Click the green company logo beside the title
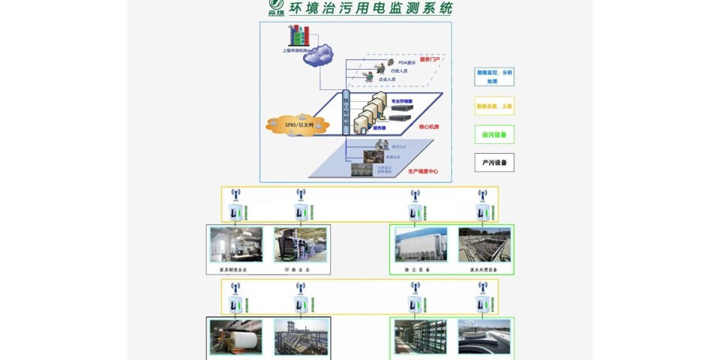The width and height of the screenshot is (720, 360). point(277,9)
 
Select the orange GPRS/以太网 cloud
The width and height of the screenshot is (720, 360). point(298,124)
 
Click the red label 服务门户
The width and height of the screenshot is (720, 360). point(430,59)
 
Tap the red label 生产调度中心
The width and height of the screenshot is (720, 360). point(423,171)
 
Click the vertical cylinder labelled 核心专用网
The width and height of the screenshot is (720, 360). point(346,112)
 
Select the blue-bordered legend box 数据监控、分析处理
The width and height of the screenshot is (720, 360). point(494,76)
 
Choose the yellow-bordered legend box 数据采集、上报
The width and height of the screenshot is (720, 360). point(494,106)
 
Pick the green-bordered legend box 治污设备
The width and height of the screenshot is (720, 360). point(494,134)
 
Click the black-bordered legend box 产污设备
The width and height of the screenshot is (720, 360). point(494,163)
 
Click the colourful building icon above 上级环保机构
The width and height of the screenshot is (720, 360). point(299,34)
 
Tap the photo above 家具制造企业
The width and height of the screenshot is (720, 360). point(236,244)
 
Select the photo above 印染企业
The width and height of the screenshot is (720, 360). point(300,244)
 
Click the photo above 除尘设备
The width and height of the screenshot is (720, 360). point(421,244)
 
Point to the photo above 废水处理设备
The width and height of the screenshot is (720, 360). point(484,244)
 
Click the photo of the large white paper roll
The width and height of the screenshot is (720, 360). point(236,337)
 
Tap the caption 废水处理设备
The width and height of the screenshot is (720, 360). point(484,269)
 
